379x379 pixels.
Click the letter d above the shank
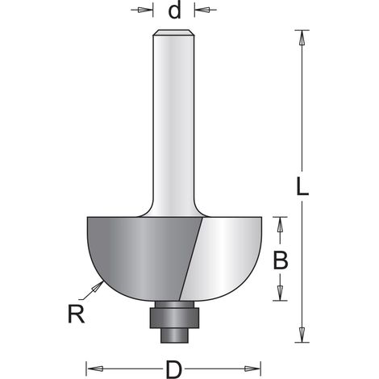point(174,11)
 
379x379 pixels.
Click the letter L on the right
point(302,186)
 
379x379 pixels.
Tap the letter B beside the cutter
point(281,260)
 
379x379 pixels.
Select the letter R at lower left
point(76,314)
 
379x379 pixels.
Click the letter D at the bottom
point(173,370)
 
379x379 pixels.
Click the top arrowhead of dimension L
point(302,38)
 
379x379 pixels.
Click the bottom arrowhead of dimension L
point(302,335)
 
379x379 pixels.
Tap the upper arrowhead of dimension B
point(280,224)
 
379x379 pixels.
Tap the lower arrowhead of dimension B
point(280,293)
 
